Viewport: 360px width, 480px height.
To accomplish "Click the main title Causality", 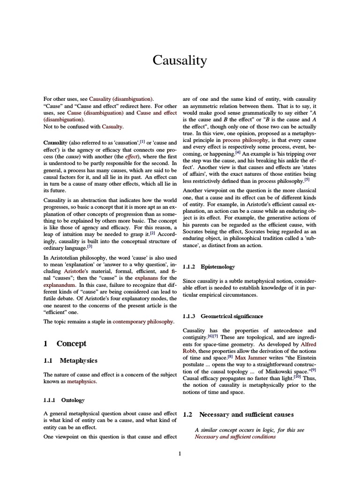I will [x=180, y=60].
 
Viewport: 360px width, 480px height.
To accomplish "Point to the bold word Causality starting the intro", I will [x=55, y=142].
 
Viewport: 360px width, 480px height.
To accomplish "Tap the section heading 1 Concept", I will [x=65, y=343].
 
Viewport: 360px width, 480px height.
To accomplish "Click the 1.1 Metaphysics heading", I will [x=71, y=360].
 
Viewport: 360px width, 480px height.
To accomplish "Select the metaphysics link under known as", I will [x=81, y=382].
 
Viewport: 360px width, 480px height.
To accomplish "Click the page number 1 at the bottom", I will [x=180, y=453].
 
